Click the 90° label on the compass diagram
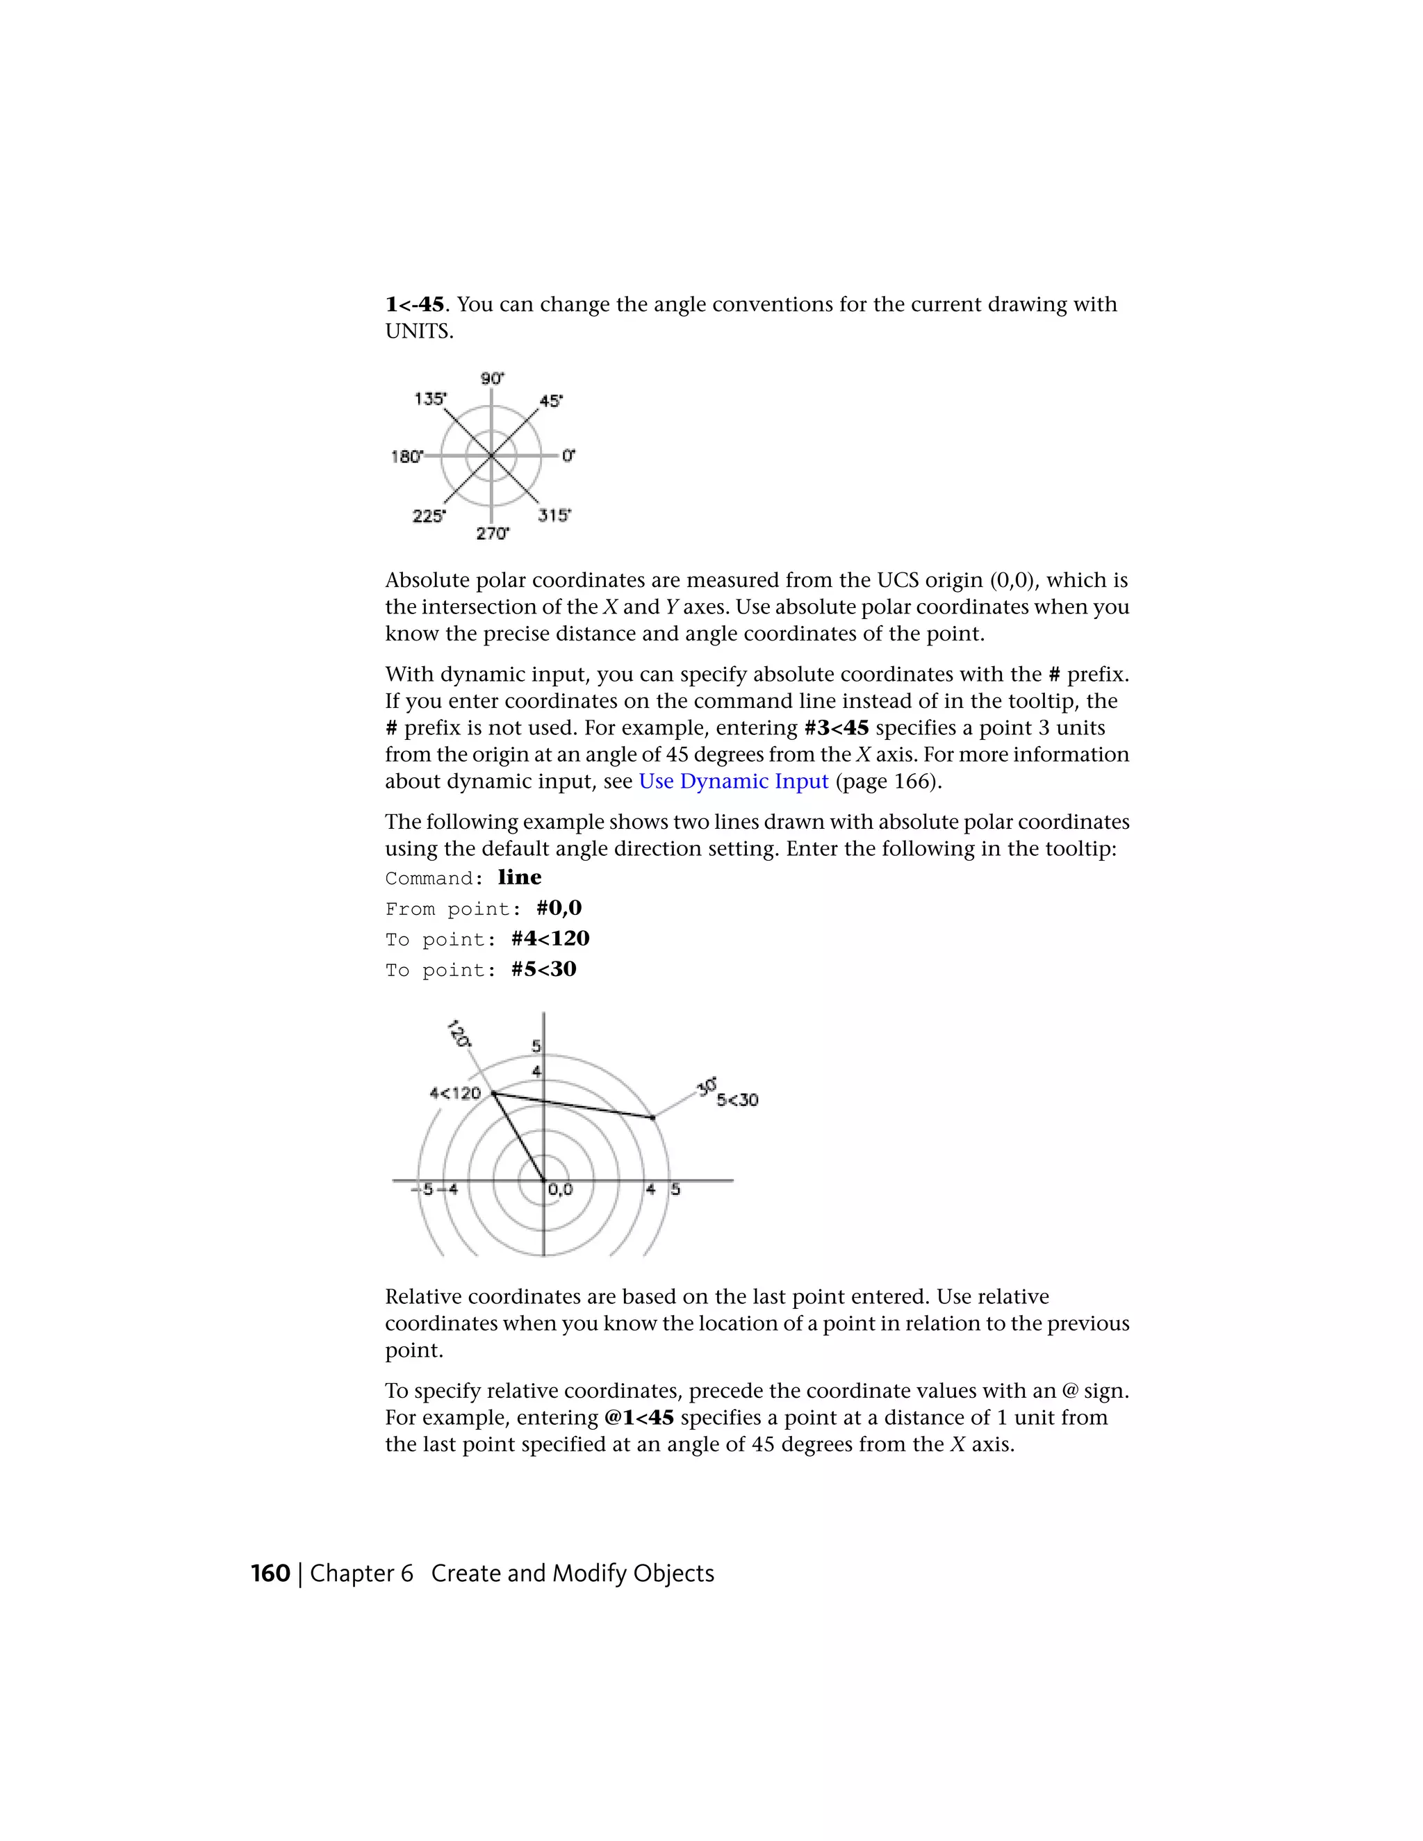[493, 379]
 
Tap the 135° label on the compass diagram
[430, 399]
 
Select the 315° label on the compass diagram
[554, 515]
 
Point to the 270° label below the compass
[493, 534]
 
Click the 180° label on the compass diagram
[406, 457]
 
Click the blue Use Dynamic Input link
[734, 782]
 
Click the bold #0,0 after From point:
[559, 908]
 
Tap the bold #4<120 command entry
[550, 938]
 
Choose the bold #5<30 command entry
[544, 969]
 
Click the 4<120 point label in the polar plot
[455, 1093]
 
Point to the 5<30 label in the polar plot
[738, 1100]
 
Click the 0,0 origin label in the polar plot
[560, 1189]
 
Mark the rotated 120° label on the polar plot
[458, 1034]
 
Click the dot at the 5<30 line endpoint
[653, 1118]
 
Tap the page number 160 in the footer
[270, 1574]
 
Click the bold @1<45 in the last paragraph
[639, 1418]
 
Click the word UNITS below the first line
[419, 331]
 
